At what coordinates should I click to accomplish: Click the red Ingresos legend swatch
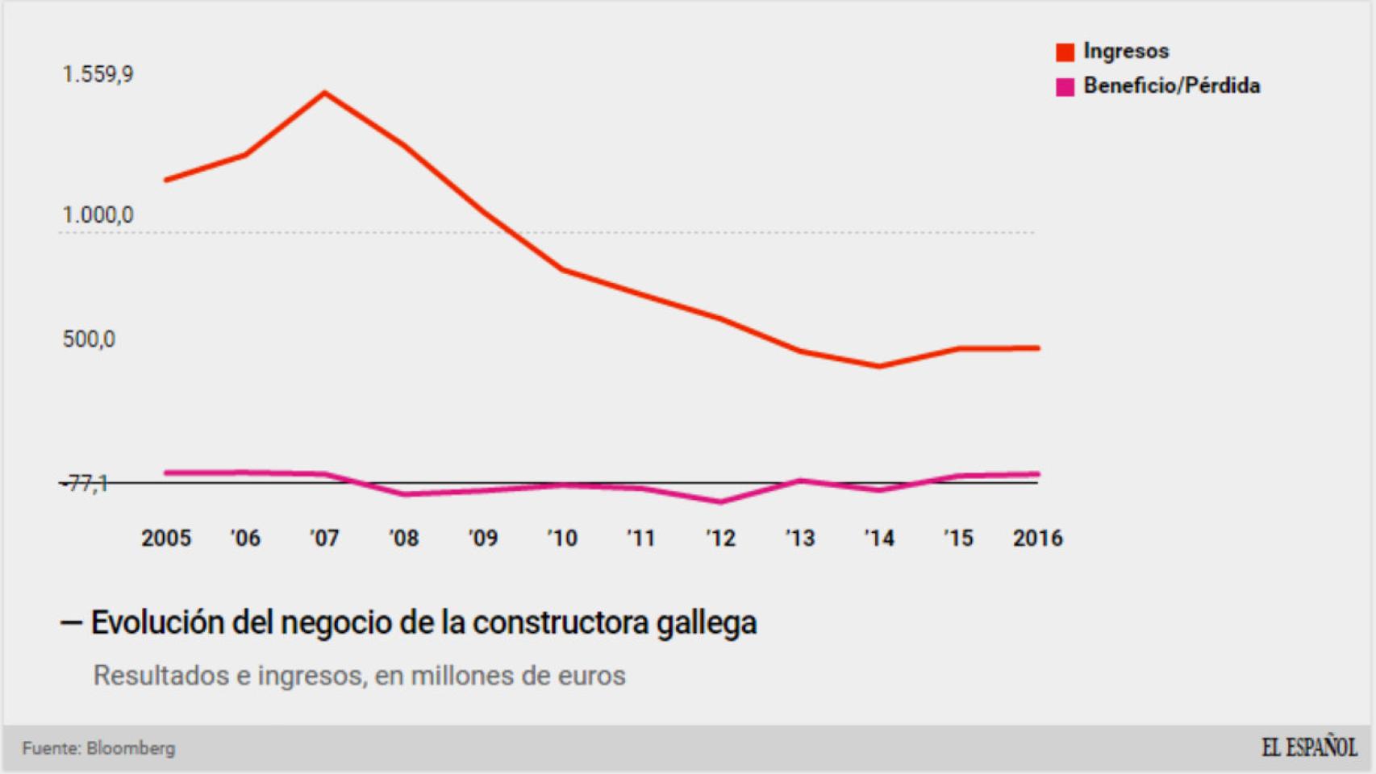point(1065,52)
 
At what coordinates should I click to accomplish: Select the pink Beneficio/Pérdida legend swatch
point(1065,87)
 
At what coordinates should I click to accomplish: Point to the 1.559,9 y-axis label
point(98,75)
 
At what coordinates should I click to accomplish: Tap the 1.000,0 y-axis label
point(98,215)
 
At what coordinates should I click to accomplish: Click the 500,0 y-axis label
point(89,339)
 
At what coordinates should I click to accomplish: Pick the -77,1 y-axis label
point(85,484)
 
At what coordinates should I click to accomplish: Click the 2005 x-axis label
point(166,539)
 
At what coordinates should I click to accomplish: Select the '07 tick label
point(324,539)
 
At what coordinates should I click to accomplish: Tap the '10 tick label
point(562,539)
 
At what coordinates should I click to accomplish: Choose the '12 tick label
point(720,539)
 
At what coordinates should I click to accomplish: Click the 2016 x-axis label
point(1037,539)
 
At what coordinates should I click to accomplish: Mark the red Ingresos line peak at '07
point(324,94)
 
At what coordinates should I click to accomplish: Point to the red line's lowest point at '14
point(879,366)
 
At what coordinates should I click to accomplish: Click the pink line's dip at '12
point(720,501)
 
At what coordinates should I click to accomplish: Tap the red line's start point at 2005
point(166,180)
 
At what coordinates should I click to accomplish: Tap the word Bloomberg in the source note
point(131,748)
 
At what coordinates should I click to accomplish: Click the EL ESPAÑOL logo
point(1308,748)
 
